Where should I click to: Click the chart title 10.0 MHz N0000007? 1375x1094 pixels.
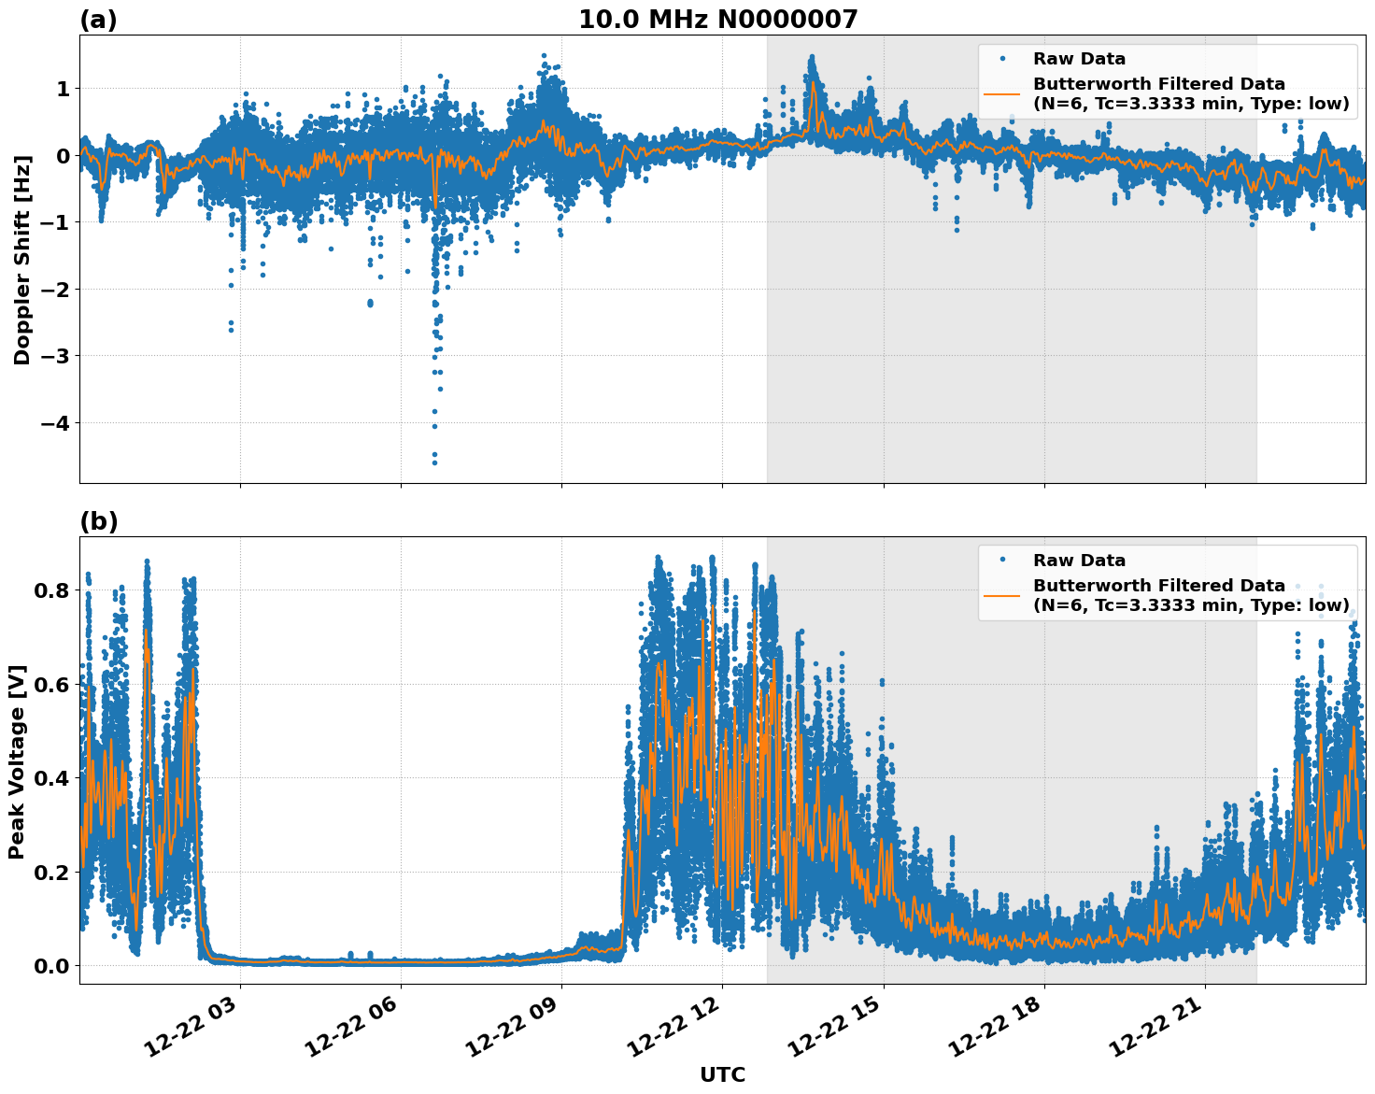coord(717,20)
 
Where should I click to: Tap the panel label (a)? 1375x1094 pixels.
coord(98,20)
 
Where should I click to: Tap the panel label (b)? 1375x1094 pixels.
coord(98,521)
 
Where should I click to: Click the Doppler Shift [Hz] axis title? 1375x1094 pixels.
coord(22,260)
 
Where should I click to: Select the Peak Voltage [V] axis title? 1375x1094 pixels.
coord(17,761)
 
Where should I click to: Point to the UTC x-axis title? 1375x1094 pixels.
coord(722,1074)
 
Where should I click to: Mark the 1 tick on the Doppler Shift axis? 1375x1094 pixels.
coord(63,89)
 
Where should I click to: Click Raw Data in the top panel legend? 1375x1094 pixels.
coord(1079,59)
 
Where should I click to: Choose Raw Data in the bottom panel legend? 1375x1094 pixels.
coord(1079,561)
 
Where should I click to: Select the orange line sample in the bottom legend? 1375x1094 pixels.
coord(1001,595)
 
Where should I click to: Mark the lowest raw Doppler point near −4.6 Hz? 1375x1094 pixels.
coord(434,462)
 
